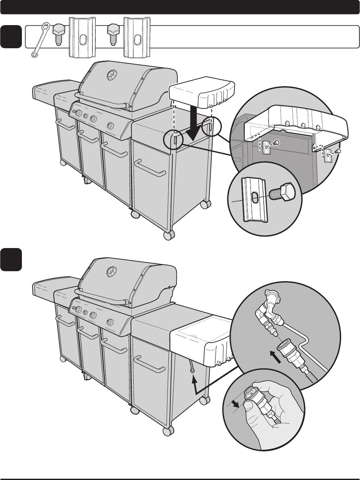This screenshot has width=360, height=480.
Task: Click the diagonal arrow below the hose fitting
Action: point(282,357)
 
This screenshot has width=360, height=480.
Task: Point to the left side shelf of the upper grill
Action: point(55,90)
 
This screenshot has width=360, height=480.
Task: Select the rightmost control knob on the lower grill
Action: point(110,321)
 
